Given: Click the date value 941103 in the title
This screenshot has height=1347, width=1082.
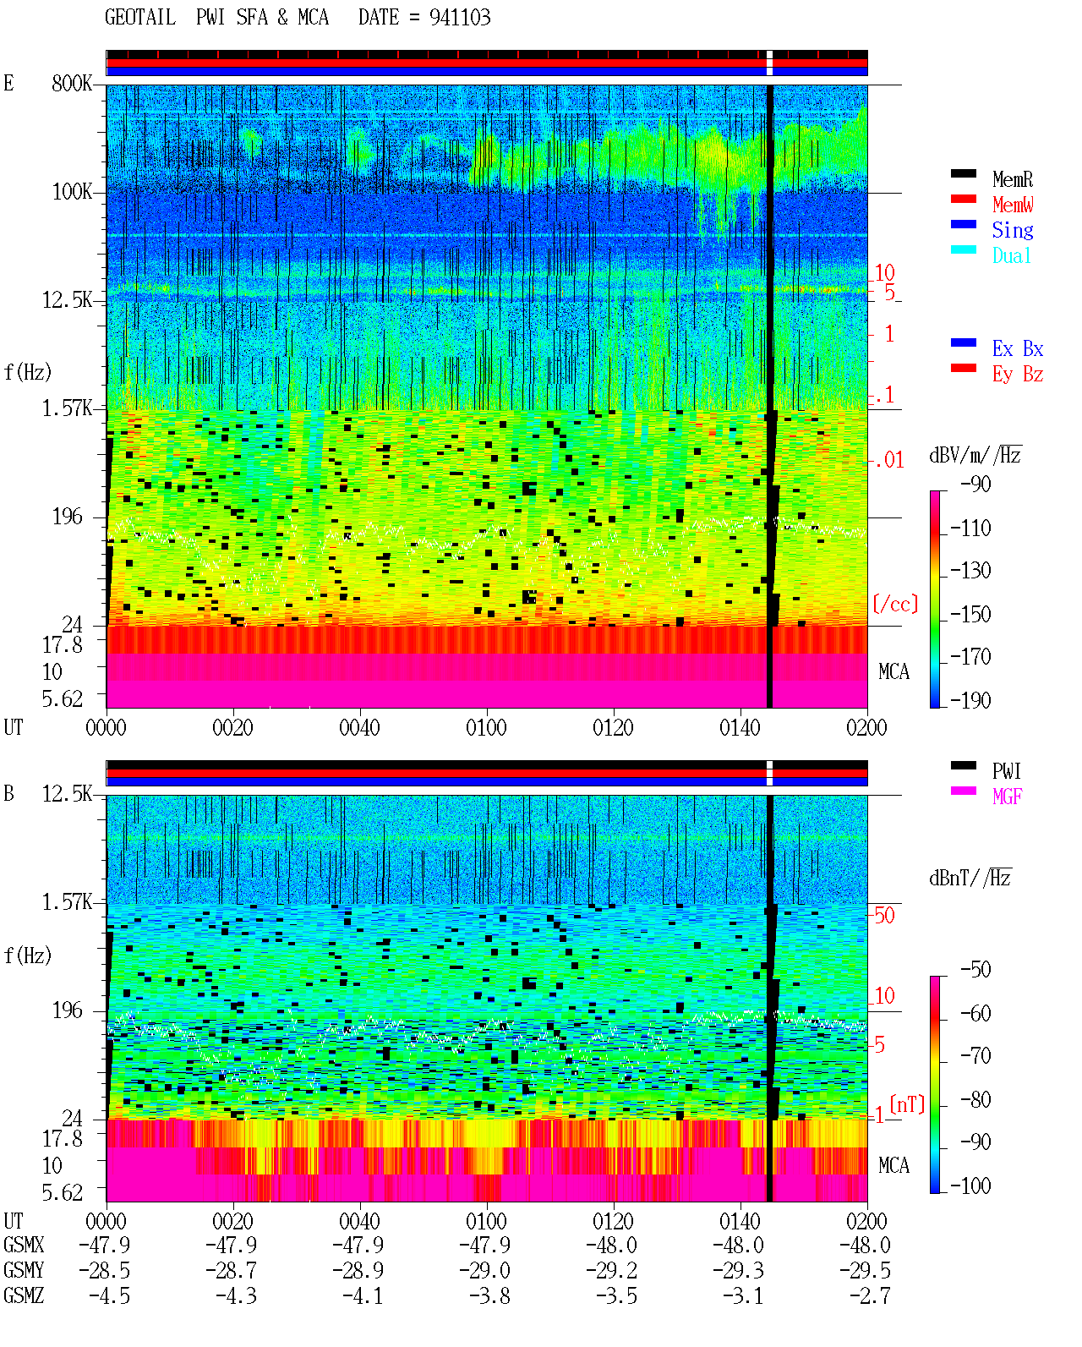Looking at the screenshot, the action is [460, 17].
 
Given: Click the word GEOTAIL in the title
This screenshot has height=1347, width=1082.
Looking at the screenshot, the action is [140, 17].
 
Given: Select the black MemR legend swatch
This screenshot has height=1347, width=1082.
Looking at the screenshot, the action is [963, 173].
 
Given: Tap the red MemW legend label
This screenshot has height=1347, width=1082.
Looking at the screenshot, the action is [1013, 204].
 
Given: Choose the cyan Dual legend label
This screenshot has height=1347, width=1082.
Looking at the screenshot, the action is [1011, 255].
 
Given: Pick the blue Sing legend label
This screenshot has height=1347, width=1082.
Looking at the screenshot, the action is [1012, 230].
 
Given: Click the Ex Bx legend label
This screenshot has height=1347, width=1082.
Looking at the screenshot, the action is [1018, 348].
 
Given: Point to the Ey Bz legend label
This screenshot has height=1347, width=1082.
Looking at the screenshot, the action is [1018, 374].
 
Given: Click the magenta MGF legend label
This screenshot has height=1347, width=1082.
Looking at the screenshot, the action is [1007, 797].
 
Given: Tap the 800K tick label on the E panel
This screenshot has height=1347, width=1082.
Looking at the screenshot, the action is [72, 83].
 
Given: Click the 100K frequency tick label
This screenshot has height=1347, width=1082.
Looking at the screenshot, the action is [72, 192].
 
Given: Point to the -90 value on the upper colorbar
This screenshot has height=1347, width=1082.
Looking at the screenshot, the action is [975, 484].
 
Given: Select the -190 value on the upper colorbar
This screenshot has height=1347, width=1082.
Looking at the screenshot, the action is [970, 700].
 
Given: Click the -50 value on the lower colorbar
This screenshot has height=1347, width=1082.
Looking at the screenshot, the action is [975, 969].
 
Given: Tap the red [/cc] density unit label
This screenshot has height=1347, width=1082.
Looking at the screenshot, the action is [895, 604].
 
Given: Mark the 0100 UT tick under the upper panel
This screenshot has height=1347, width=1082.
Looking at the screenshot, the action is [486, 727].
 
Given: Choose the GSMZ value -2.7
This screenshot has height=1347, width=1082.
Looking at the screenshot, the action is [870, 1295].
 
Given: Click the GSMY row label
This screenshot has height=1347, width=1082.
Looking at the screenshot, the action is [24, 1270].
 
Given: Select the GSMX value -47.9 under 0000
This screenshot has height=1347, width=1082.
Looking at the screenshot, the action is [105, 1245].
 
